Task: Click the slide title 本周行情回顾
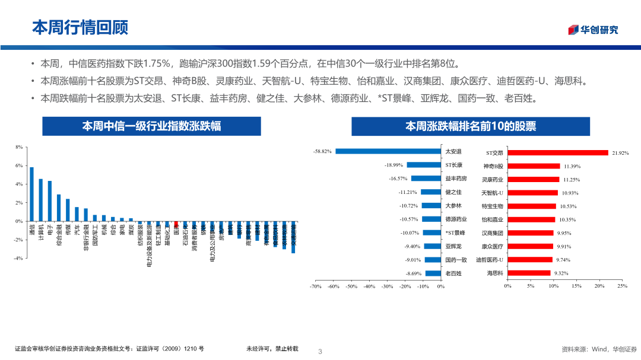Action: click(80, 27)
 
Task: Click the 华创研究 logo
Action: click(593, 30)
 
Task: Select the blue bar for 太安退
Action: click(389, 151)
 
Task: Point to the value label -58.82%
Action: click(322, 151)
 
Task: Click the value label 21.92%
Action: click(620, 152)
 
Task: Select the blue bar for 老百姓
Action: click(434, 273)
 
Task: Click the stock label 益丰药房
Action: click(456, 179)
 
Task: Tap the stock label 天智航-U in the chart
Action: click(492, 193)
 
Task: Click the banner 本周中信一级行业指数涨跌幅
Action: click(151, 126)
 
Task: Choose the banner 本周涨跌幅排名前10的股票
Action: click(471, 126)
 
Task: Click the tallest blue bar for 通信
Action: click(32, 194)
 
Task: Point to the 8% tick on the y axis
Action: click(19, 147)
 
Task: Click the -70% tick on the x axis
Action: click(315, 286)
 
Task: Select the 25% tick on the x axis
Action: click(622, 286)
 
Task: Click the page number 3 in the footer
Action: click(320, 351)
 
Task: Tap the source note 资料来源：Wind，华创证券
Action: click(599, 349)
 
